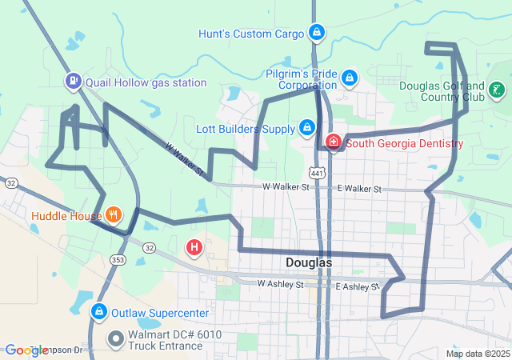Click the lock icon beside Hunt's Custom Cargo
(x=317, y=33)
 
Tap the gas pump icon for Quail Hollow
(x=74, y=81)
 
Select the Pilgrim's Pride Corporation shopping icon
(x=349, y=78)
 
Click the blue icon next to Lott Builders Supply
(x=306, y=127)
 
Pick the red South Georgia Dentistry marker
(x=332, y=143)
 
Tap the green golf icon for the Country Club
(x=497, y=90)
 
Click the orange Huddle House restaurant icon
(x=114, y=214)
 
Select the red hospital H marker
(x=194, y=248)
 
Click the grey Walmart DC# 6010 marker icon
(x=115, y=338)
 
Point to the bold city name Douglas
(x=309, y=262)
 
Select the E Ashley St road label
(x=357, y=286)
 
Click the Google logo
(x=26, y=350)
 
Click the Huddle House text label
(x=66, y=215)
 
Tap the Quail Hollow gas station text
(x=146, y=82)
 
